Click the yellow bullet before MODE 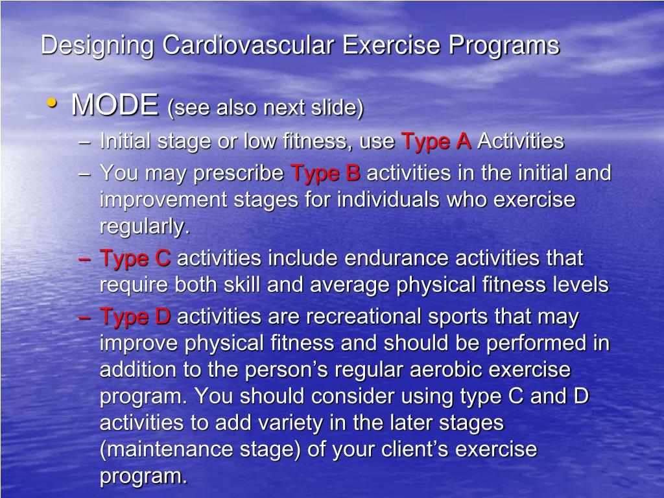pyautogui.click(x=52, y=103)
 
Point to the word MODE pyautogui.click(x=115, y=105)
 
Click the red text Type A pyautogui.click(x=436, y=141)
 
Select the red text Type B pyautogui.click(x=326, y=174)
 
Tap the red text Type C pyautogui.click(x=135, y=259)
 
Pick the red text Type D pyautogui.click(x=135, y=317)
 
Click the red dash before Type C pyautogui.click(x=84, y=259)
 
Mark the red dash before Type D pyautogui.click(x=84, y=318)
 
